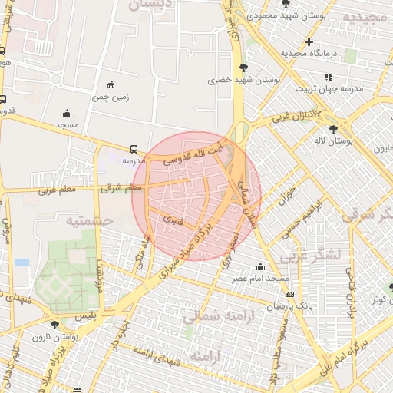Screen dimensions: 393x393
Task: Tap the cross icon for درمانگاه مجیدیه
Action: pos(309,41)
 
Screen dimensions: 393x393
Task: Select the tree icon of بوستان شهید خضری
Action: pos(243,68)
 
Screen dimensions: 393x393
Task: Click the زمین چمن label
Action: pos(111,97)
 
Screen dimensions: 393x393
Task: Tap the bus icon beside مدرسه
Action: pos(134,149)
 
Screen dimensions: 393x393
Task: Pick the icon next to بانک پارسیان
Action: pos(289,294)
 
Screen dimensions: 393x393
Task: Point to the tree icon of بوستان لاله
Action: pos(332,129)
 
